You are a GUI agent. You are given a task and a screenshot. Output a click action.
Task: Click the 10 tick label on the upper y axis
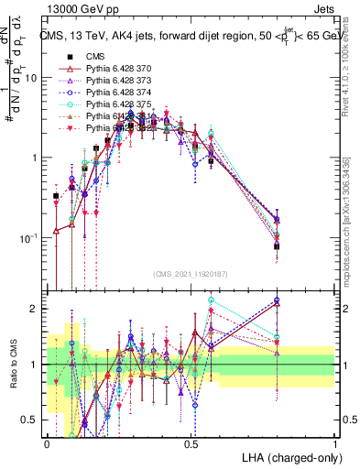pyautogui.click(x=32, y=78)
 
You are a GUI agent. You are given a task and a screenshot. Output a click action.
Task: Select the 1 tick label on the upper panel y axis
pyautogui.click(x=36, y=158)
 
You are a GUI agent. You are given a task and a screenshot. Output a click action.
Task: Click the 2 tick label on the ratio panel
pyautogui.click(x=36, y=309)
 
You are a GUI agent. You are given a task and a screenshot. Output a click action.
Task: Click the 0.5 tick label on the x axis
pyautogui.click(x=191, y=444)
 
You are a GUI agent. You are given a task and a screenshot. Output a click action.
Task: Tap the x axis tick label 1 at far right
pyautogui.click(x=334, y=444)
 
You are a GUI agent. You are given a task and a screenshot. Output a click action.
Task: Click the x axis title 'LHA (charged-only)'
pyautogui.click(x=286, y=457)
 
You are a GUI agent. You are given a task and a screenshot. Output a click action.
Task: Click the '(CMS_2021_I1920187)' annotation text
pyautogui.click(x=191, y=275)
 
